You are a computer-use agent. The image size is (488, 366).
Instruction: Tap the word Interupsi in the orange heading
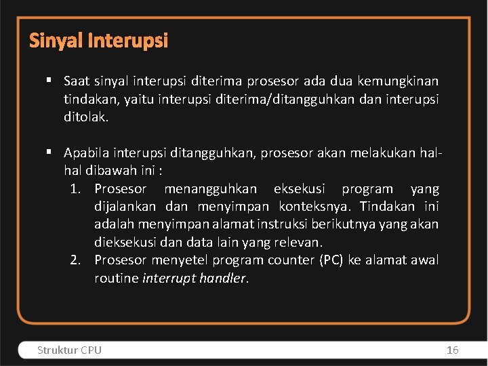click(127, 41)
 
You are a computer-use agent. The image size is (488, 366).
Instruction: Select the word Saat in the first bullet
click(77, 81)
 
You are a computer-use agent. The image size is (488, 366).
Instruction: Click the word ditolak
click(85, 117)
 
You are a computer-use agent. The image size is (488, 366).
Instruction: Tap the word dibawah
click(112, 171)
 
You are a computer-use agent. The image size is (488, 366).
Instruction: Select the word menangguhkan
click(210, 189)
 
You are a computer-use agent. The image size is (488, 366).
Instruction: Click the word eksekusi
click(299, 189)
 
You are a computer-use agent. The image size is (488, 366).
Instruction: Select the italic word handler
click(224, 278)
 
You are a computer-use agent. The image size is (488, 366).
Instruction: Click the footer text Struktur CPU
click(69, 350)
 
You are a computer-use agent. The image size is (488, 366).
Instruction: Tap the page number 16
click(453, 350)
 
